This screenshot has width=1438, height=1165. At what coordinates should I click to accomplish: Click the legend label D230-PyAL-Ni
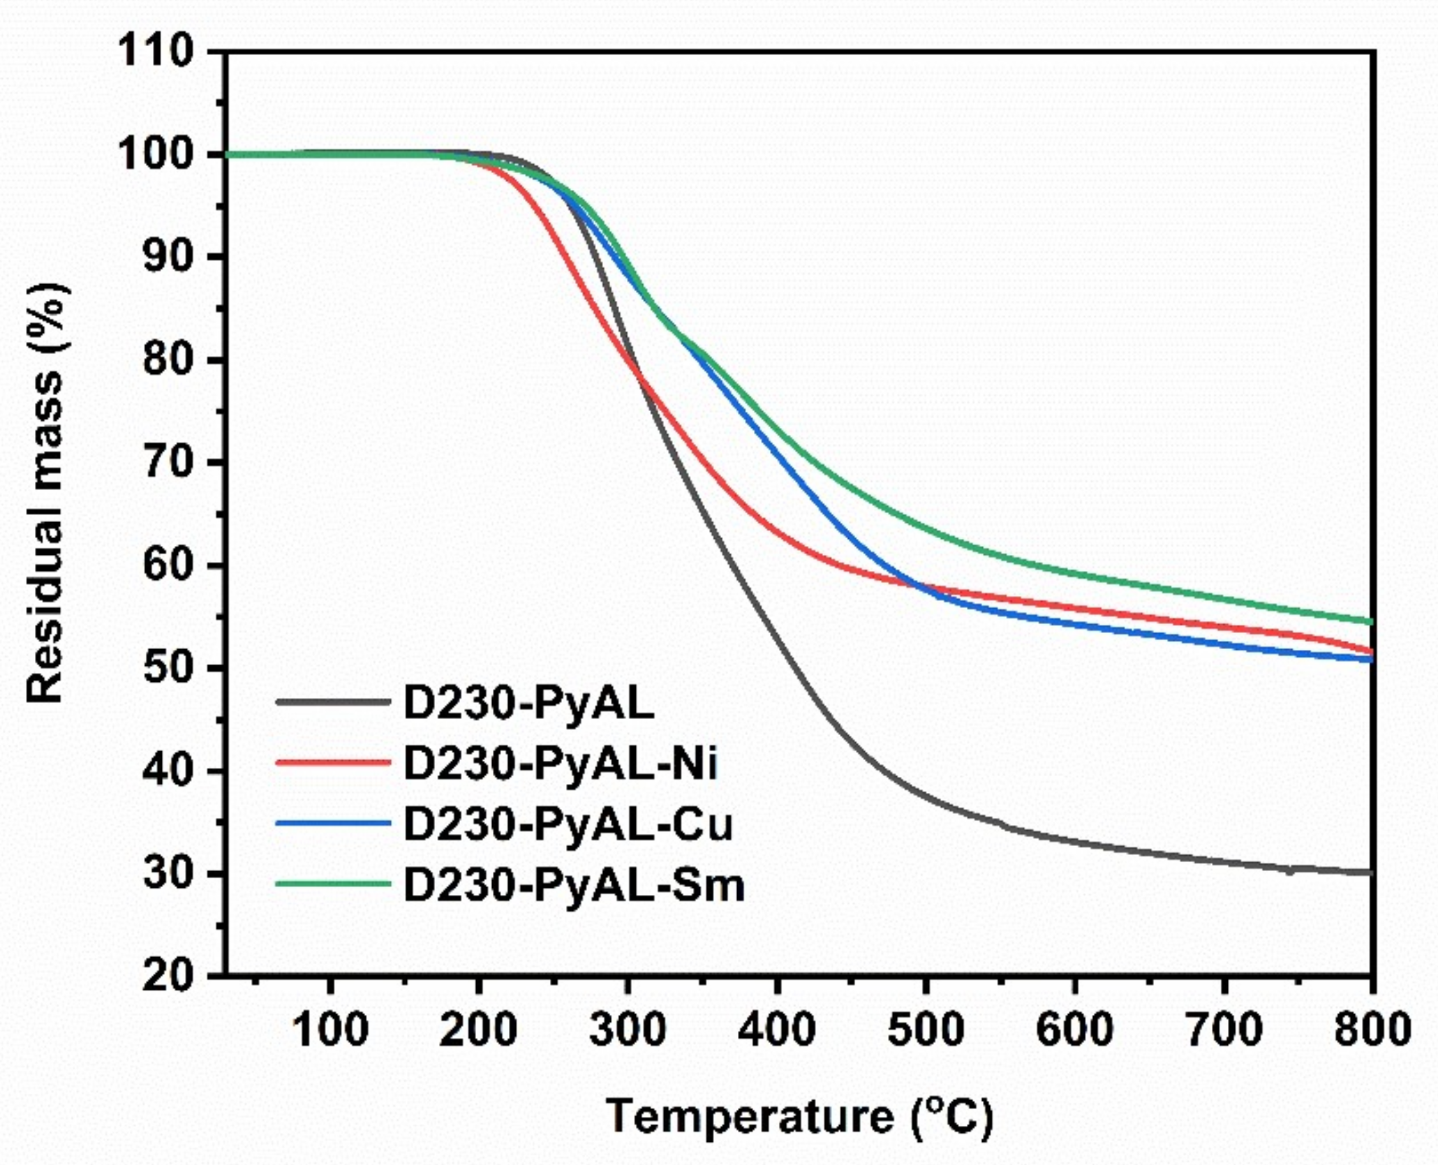561,764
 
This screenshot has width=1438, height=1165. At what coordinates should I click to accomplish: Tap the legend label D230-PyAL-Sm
574,885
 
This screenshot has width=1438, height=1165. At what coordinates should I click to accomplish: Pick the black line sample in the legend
332,702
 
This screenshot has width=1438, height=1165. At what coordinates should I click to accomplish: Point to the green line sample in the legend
332,884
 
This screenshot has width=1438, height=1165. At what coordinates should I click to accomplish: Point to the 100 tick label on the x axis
329,1030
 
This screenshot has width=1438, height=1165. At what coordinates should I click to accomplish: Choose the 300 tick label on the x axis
628,1030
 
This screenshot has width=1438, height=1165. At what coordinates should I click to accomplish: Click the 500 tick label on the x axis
926,1030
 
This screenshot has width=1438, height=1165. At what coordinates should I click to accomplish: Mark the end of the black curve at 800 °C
1371,872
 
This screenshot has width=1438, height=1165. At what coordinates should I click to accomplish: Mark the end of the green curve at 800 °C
1371,621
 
